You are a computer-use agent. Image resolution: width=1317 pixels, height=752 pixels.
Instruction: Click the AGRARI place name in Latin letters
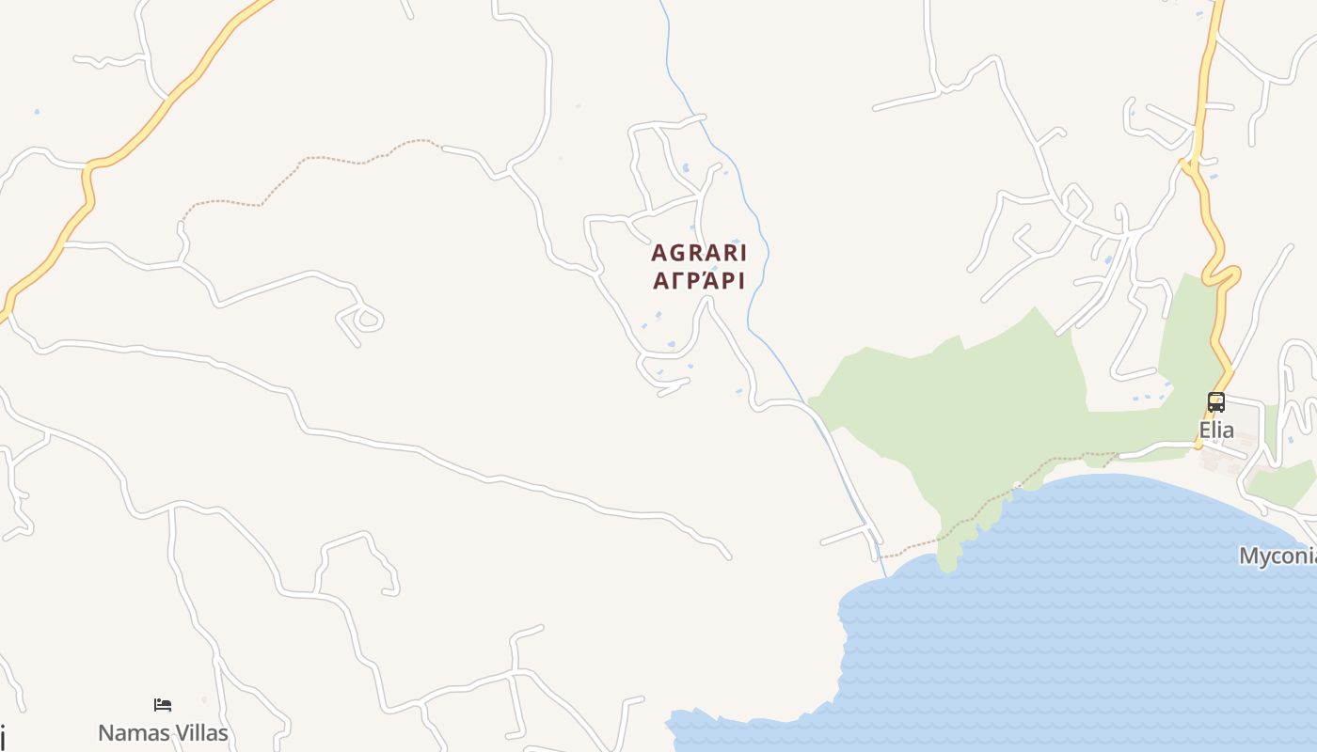[699, 253]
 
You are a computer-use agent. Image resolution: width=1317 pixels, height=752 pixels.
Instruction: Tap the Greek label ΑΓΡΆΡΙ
[699, 281]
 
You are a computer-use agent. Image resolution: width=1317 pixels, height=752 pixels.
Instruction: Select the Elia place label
[1215, 431]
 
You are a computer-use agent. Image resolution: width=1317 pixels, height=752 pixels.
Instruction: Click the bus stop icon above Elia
[1215, 402]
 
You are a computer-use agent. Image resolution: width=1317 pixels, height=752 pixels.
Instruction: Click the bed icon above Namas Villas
[163, 705]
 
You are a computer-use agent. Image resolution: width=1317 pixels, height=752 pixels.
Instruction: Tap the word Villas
[196, 733]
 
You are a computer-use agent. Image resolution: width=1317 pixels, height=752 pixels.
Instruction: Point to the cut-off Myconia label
[1277, 556]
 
